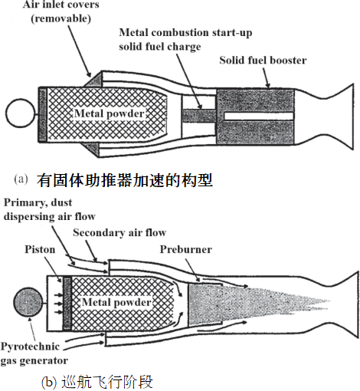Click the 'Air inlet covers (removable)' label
tap(61, 11)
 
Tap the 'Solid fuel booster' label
tap(263, 61)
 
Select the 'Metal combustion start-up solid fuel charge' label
tap(185, 40)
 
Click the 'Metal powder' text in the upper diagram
tap(110, 113)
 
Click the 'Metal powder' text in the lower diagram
tap(116, 302)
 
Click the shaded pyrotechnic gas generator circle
tap(28, 302)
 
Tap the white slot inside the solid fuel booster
tap(259, 116)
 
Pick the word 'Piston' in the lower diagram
tap(40, 249)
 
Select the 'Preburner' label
tap(186, 249)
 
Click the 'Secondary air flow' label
tap(119, 232)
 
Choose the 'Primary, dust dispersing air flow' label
tap(50, 209)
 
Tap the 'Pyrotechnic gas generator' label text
tap(34, 353)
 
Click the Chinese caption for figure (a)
tap(125, 180)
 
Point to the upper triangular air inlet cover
tap(94, 80)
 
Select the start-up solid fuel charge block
tap(199, 116)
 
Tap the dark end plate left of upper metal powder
tap(43, 114)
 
